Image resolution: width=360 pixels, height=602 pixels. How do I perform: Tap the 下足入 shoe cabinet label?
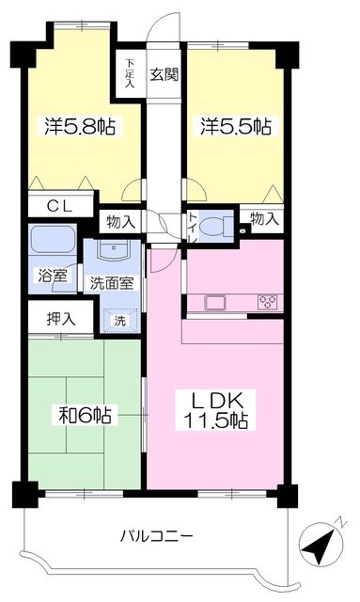tap(130, 73)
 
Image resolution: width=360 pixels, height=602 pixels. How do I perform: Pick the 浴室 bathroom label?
tap(51, 279)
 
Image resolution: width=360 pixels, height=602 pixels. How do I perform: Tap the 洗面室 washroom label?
tap(111, 281)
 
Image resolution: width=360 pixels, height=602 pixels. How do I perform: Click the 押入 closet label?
tap(52, 319)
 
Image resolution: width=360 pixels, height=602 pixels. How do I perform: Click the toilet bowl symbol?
tap(213, 226)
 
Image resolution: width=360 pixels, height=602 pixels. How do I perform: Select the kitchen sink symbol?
tap(213, 302)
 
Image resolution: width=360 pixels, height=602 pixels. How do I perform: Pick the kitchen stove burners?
tap(266, 302)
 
